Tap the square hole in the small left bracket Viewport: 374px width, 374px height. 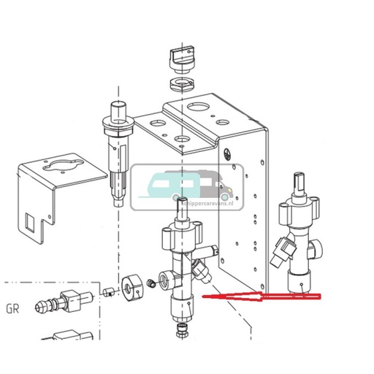(31, 222)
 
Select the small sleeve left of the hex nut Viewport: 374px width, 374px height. (107, 293)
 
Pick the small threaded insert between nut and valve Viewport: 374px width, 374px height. (150, 282)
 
